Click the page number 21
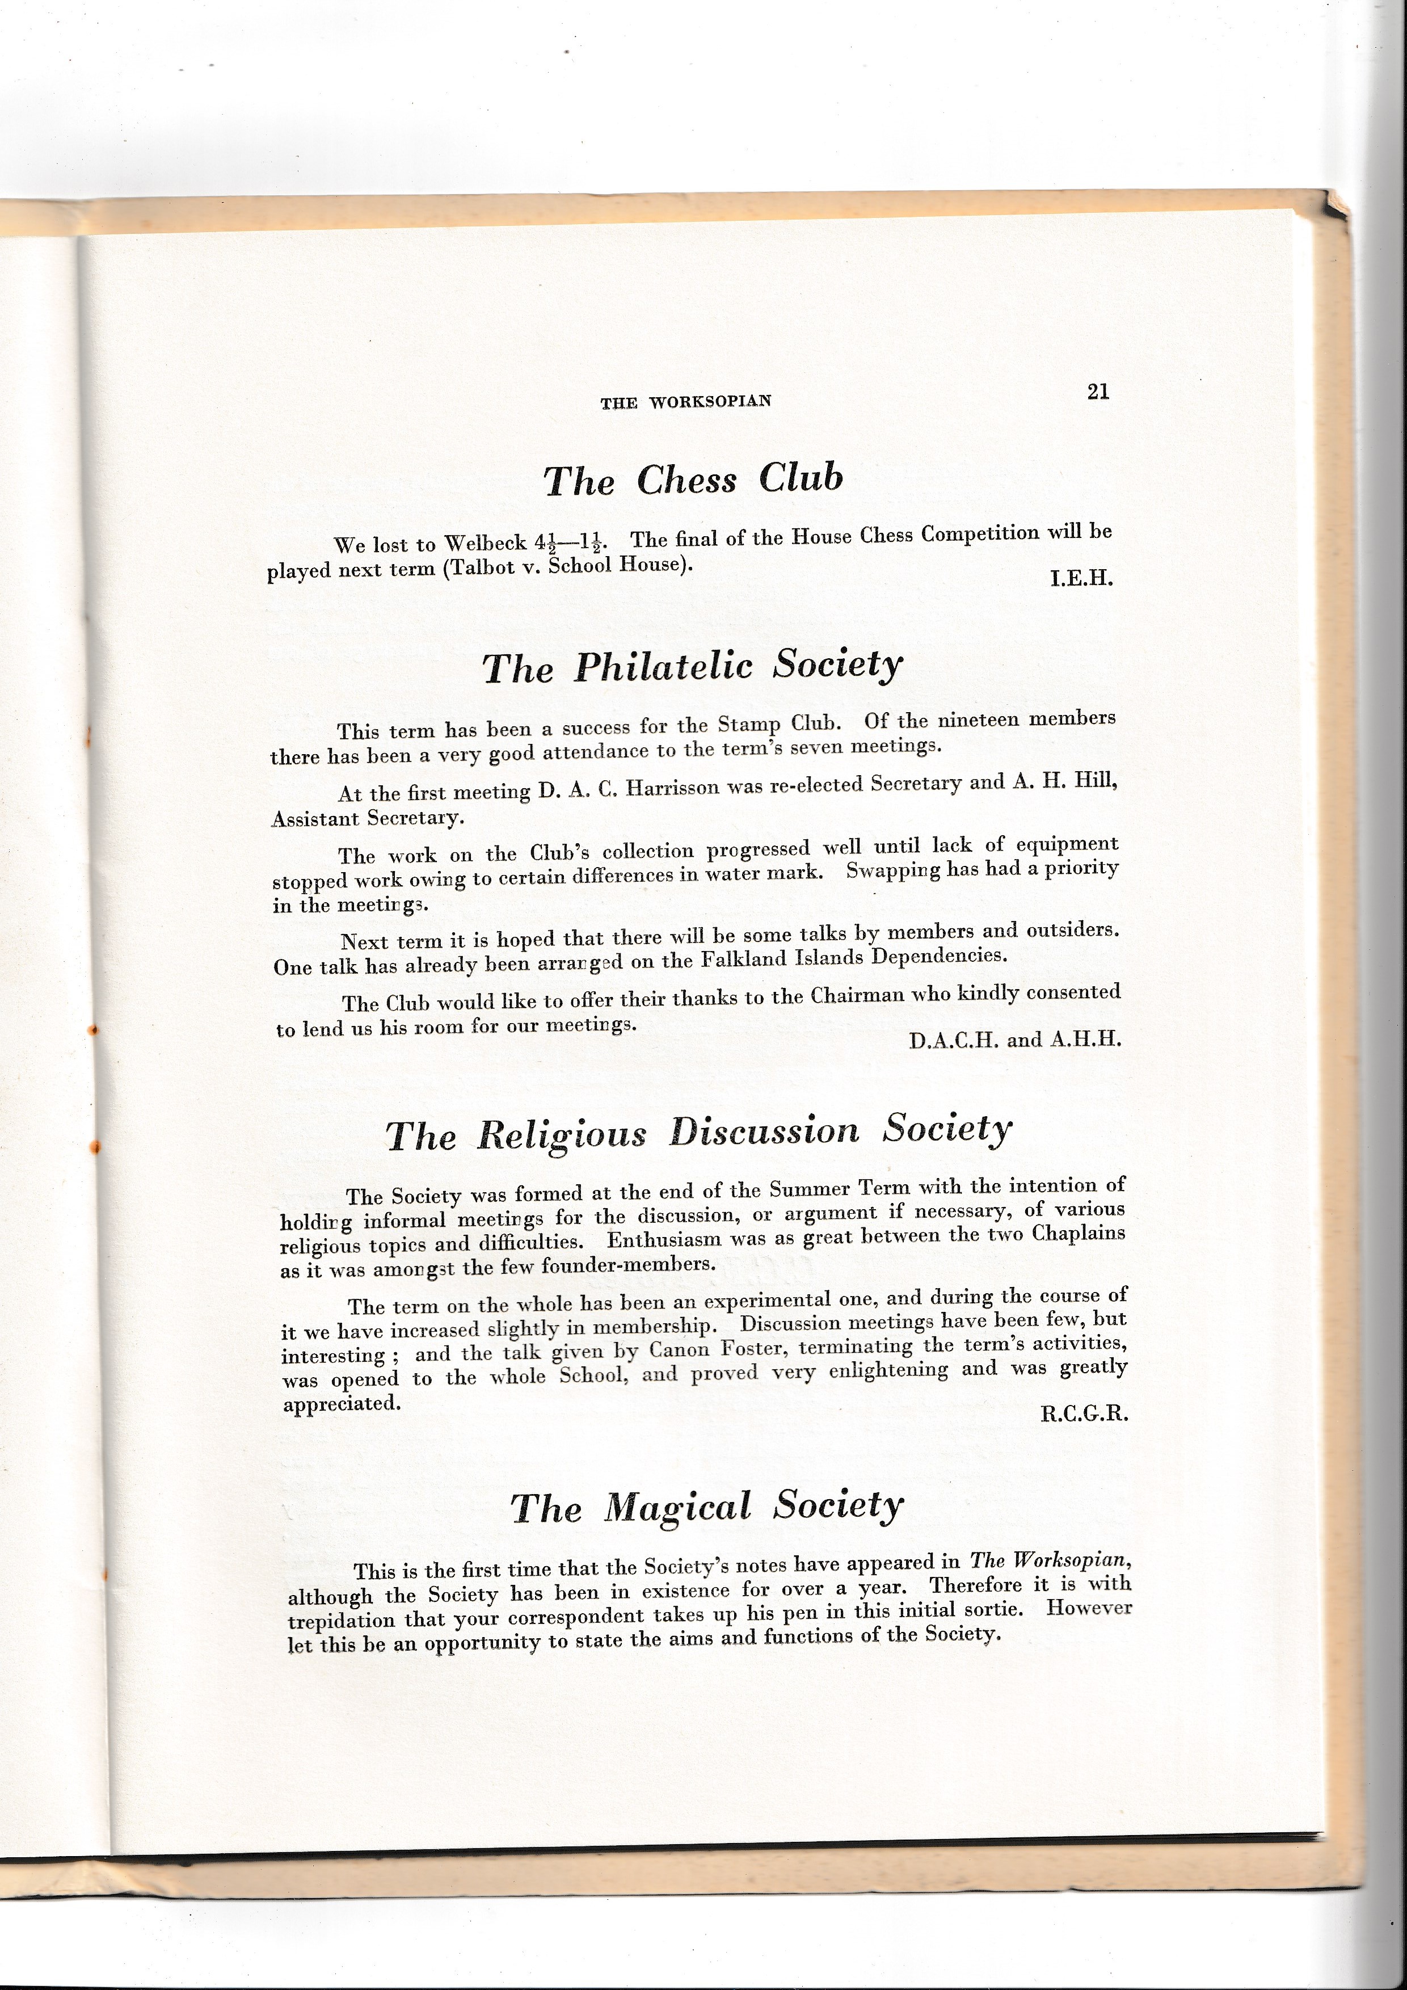tap(1098, 392)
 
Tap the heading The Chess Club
tap(693, 479)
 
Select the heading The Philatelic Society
tap(692, 667)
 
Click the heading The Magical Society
tap(706, 1507)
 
